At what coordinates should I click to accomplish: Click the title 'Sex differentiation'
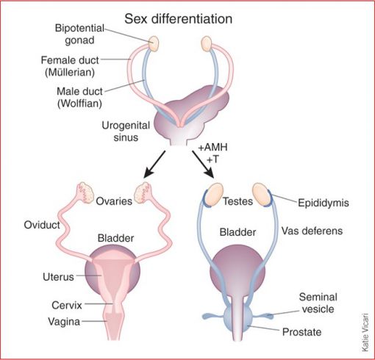179,19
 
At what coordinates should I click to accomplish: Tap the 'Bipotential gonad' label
80,34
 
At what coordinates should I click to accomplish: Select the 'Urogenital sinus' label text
126,132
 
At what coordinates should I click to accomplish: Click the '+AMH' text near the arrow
213,148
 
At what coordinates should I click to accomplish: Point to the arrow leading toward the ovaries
154,164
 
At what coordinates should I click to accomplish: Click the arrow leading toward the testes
203,165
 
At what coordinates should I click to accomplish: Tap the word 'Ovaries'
114,201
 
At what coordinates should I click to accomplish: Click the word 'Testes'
238,201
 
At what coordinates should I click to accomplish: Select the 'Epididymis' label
324,203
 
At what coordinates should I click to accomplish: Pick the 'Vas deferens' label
312,231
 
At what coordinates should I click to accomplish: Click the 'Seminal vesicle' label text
318,303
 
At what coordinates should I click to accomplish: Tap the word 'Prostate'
301,332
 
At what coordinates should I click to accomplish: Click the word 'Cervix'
67,306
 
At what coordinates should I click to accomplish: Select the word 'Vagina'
64,322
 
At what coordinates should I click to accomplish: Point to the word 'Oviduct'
42,225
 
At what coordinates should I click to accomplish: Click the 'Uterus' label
58,277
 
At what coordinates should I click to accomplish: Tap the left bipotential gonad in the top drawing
154,44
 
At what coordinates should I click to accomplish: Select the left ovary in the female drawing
85,192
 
